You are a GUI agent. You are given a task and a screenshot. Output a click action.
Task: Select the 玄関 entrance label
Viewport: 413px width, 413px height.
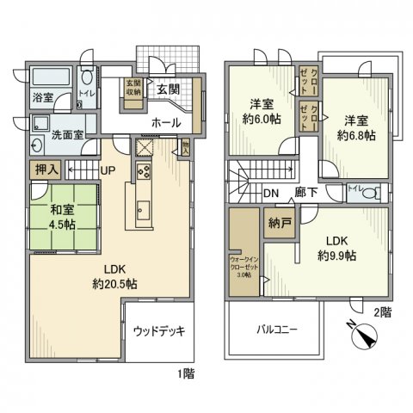168,89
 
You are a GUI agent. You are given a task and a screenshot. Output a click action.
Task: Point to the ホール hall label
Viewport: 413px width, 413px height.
166,123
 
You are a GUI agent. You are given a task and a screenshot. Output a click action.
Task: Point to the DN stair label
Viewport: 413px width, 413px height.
271,193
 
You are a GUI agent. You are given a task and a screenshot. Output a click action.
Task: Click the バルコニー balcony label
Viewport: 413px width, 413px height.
274,329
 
